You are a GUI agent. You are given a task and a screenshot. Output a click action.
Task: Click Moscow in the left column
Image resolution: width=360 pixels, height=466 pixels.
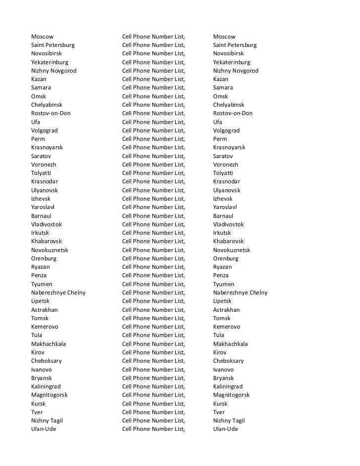point(42,37)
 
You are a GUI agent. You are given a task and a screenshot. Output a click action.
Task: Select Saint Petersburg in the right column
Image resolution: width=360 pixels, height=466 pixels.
point(234,45)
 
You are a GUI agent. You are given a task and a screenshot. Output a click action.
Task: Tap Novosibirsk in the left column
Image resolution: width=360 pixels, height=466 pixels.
point(47,53)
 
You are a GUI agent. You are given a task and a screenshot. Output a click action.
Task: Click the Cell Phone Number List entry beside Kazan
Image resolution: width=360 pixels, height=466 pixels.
point(153,79)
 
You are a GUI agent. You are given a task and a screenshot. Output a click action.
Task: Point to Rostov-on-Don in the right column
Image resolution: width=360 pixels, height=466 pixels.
point(232,113)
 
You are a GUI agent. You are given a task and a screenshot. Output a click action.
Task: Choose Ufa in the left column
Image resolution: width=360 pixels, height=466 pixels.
point(36,122)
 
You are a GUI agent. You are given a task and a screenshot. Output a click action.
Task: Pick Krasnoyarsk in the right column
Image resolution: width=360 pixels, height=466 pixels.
point(229,147)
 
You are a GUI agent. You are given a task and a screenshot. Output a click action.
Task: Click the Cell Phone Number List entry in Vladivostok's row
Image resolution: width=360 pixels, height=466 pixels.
point(153,224)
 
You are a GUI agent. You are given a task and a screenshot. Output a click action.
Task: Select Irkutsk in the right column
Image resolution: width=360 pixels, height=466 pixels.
point(222,233)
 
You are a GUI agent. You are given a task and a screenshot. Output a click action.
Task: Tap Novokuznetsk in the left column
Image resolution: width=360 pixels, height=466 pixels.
point(49,250)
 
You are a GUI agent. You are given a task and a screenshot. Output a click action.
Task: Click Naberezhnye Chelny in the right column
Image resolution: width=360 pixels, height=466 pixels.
point(240,293)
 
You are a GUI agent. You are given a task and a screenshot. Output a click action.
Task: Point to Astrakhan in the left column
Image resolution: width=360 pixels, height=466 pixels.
point(45,310)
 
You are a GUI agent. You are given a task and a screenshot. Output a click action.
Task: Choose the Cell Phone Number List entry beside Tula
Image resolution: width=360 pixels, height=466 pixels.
point(153,335)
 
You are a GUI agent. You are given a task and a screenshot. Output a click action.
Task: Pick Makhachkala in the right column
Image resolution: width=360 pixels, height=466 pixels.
point(230,344)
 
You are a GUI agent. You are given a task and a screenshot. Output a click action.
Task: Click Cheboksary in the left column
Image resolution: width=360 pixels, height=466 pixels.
point(46,361)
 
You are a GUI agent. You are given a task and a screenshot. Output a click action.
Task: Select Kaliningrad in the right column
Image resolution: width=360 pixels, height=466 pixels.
point(227,386)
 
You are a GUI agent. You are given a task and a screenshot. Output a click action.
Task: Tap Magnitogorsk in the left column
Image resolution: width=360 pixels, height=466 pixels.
point(49,395)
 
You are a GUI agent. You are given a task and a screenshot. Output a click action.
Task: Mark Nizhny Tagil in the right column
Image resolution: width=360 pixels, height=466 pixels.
point(229,421)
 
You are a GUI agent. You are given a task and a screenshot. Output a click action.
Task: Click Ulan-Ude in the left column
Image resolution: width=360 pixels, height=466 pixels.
point(44,429)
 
